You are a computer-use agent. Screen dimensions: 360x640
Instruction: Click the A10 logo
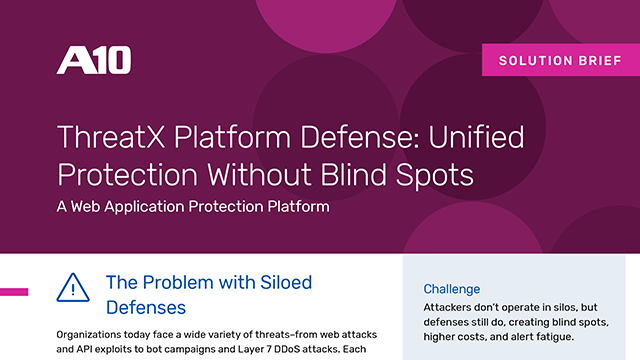pos(93,60)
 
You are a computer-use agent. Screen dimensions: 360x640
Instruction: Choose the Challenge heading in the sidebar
pos(451,289)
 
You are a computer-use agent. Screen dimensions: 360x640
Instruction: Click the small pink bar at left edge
pos(14,291)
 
